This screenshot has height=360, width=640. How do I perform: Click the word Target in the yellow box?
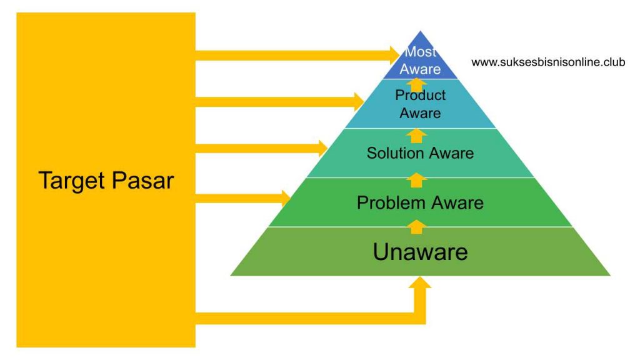(x=72, y=181)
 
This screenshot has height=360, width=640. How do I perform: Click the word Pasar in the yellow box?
(x=143, y=181)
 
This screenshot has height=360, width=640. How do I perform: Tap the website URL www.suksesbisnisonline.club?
(x=548, y=62)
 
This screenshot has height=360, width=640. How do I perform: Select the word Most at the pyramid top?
(x=421, y=52)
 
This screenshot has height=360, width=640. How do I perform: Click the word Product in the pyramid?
(x=421, y=95)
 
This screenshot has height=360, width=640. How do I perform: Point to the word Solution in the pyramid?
(x=395, y=153)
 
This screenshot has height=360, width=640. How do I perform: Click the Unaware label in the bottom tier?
(x=421, y=252)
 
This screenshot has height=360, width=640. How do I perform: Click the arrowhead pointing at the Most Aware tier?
(x=394, y=55)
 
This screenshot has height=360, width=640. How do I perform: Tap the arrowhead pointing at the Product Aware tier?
(x=358, y=102)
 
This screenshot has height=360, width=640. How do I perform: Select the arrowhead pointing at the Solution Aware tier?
(x=322, y=149)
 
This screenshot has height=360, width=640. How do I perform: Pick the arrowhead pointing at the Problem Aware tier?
(x=286, y=199)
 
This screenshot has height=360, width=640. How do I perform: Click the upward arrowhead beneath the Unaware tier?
(x=420, y=283)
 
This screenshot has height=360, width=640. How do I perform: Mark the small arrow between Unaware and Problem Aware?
(x=416, y=227)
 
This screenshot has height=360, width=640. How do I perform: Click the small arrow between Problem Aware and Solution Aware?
(x=416, y=180)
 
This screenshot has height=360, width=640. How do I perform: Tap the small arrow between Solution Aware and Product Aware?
(x=416, y=136)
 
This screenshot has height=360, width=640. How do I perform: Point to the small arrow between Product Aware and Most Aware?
(x=416, y=85)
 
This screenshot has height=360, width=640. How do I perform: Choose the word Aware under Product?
(x=421, y=113)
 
